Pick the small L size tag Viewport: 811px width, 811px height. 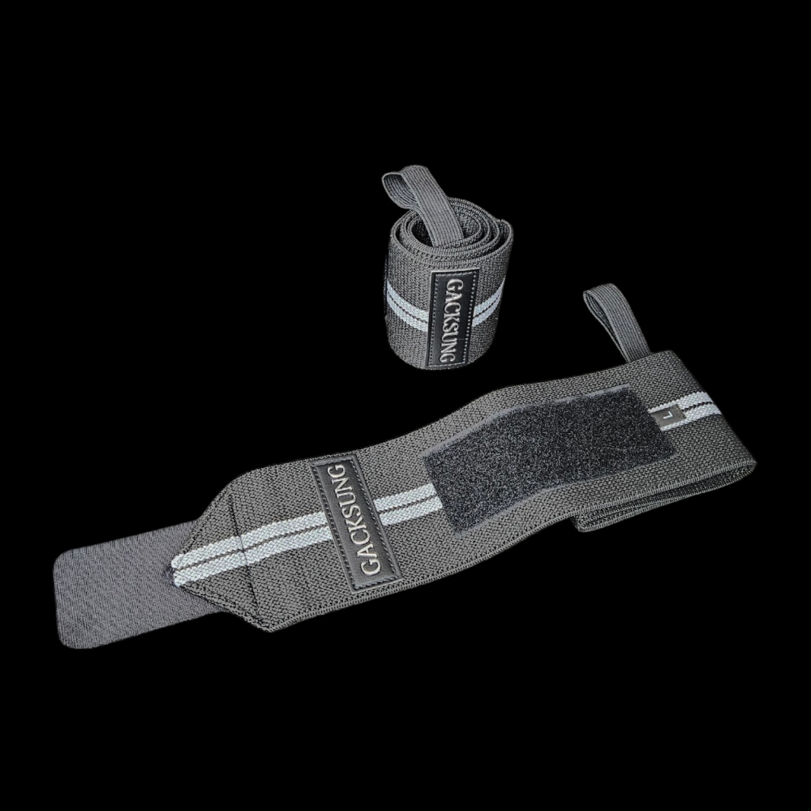coord(670,416)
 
